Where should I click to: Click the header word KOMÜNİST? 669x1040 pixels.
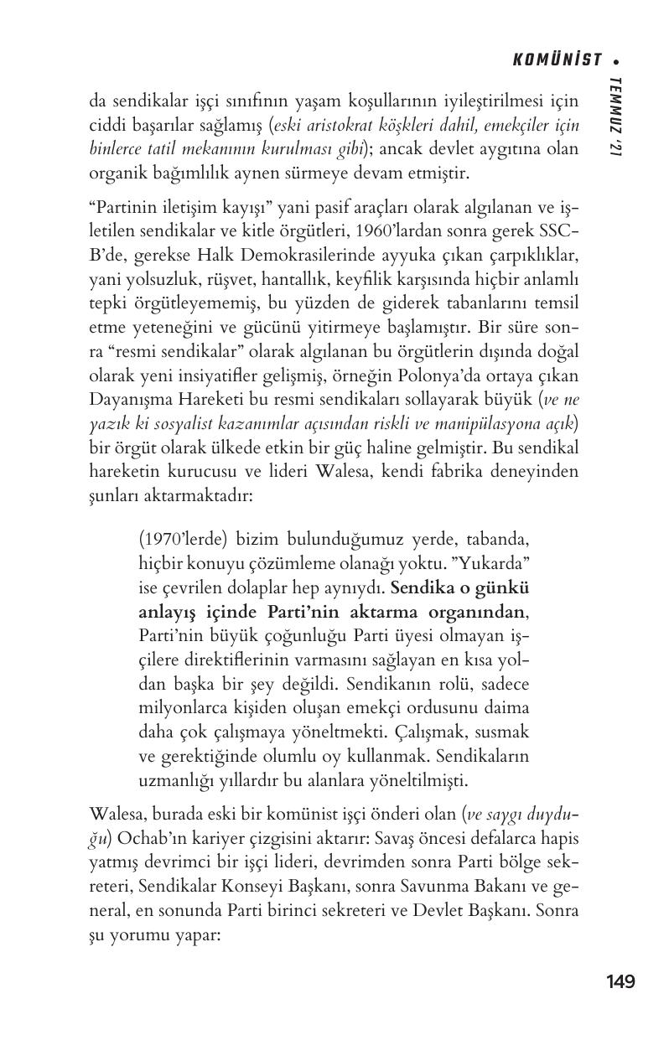pyautogui.click(x=557, y=60)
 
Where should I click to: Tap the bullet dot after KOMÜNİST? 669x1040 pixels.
pyautogui.click(x=616, y=60)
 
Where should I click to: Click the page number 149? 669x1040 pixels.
pyautogui.click(x=620, y=981)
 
